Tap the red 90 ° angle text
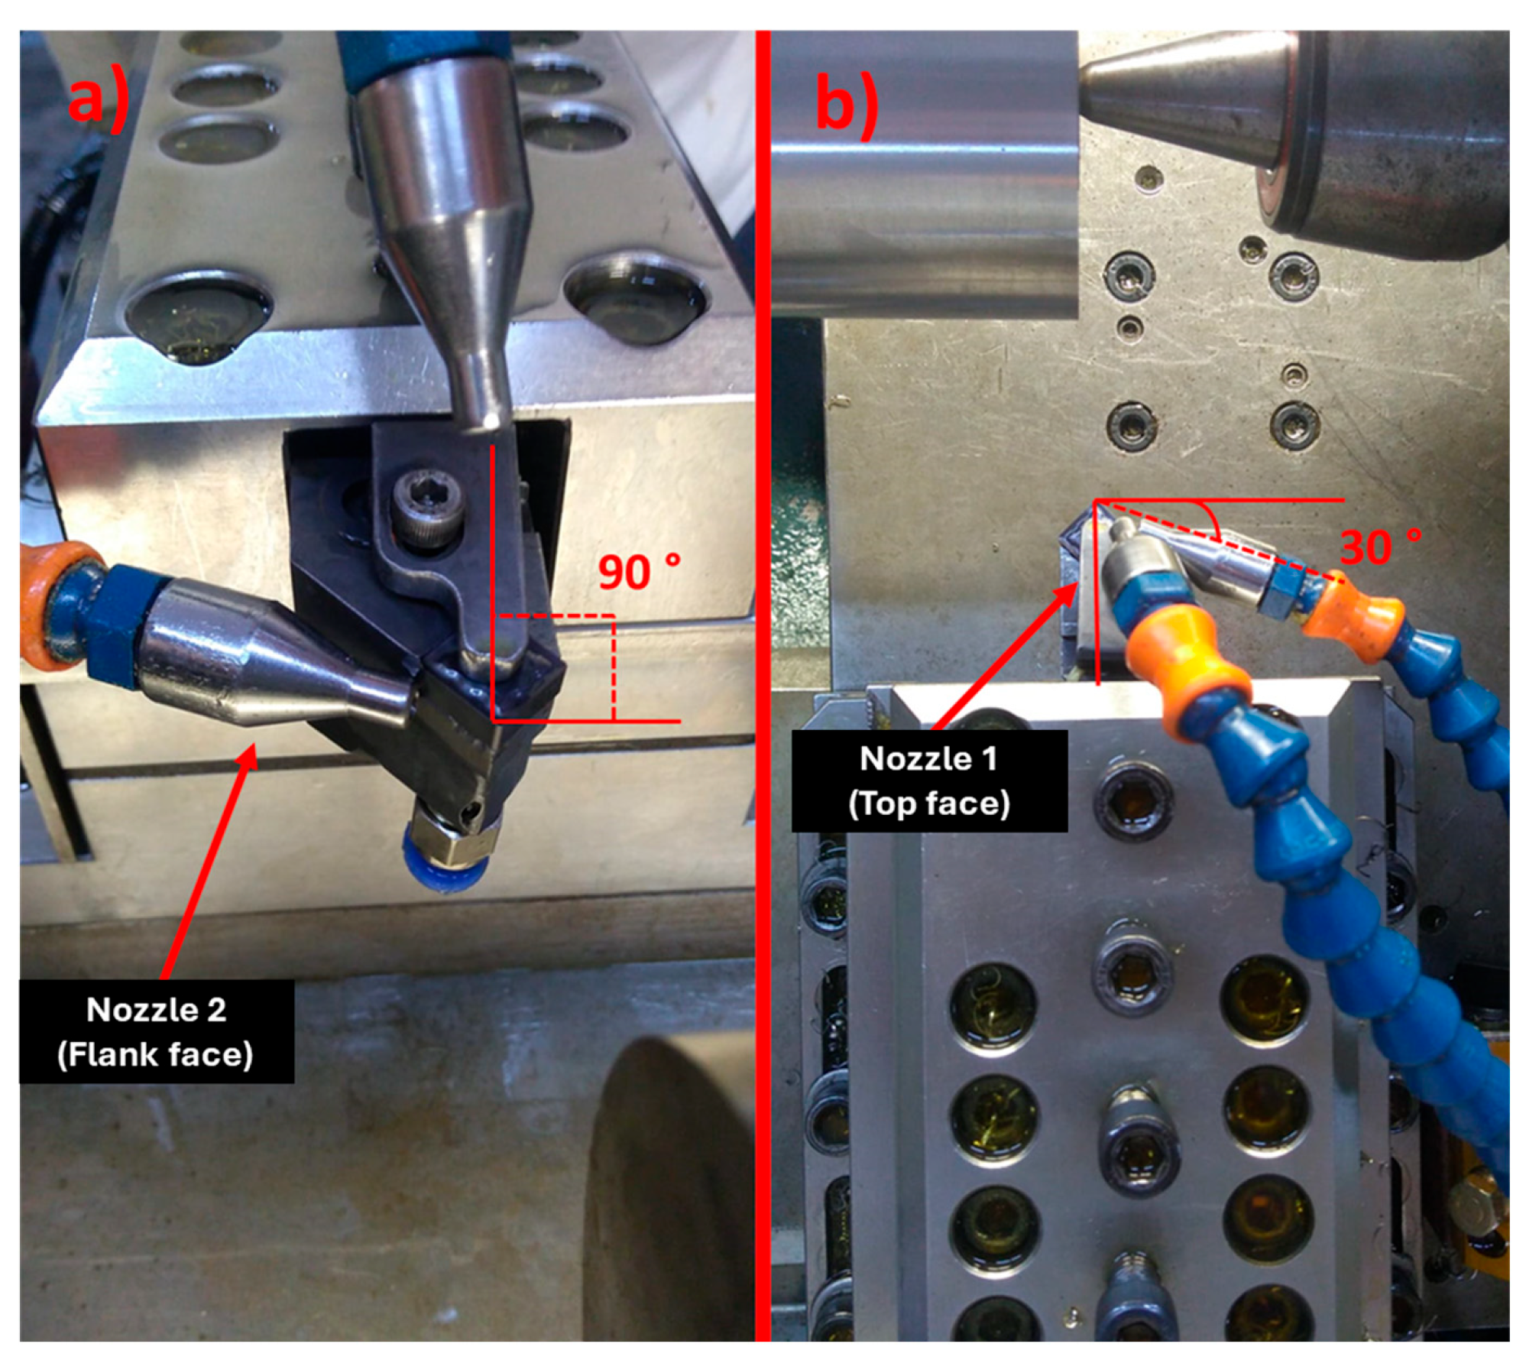point(639,572)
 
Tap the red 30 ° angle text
point(1381,547)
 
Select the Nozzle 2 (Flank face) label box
point(157,1031)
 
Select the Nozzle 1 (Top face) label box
point(929,781)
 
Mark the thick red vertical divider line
point(763,685)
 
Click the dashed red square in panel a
point(553,668)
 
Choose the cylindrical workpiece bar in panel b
point(925,174)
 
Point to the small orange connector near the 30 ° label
point(1353,607)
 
